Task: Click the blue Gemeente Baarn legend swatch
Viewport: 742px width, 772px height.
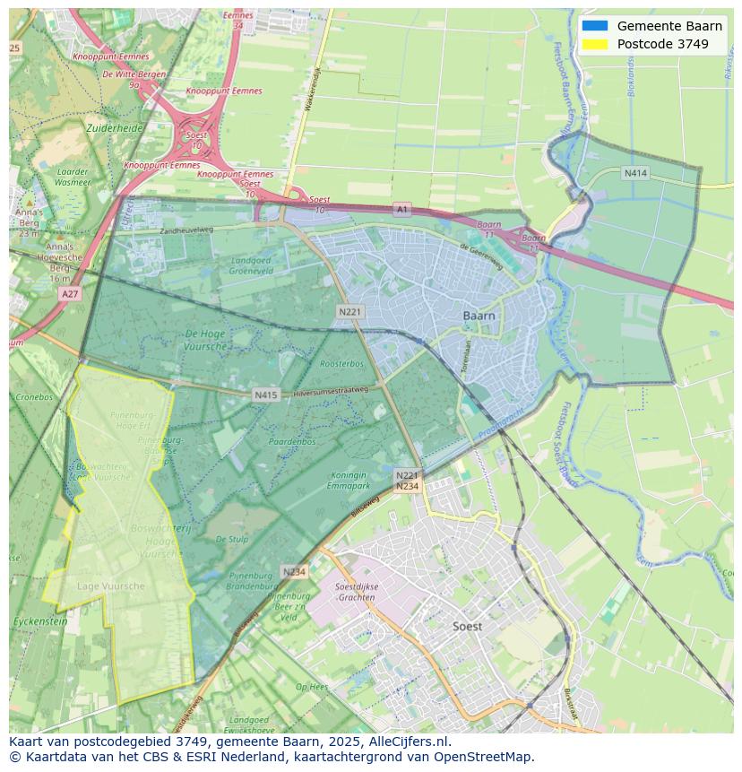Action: (594, 26)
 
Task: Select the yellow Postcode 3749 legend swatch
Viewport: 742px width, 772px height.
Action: (594, 44)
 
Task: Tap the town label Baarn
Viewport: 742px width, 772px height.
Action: (480, 316)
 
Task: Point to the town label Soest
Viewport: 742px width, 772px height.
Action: (467, 626)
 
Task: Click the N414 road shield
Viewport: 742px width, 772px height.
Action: (635, 173)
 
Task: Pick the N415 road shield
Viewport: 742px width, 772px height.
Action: (265, 394)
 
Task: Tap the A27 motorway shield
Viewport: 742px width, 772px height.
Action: (69, 293)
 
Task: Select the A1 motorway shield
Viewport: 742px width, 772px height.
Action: (401, 209)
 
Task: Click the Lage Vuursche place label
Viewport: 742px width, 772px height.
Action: (111, 586)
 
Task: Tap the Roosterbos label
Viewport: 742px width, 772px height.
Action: (341, 364)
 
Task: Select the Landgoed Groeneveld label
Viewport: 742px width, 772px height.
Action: (250, 265)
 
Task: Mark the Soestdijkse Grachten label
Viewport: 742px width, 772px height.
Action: (355, 592)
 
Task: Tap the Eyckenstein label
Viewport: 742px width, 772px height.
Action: (39, 620)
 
